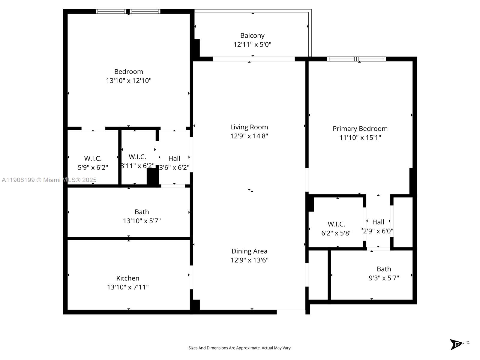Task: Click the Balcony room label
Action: pyautogui.click(x=252, y=35)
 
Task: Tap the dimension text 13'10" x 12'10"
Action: pyautogui.click(x=128, y=81)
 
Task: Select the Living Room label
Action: pyautogui.click(x=249, y=127)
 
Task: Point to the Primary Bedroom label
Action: pyautogui.click(x=360, y=129)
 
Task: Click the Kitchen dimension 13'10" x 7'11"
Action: pyautogui.click(x=128, y=287)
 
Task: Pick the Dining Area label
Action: pyautogui.click(x=249, y=251)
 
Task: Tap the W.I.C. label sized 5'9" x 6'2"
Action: pyautogui.click(x=93, y=158)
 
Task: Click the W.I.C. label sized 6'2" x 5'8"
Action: pyautogui.click(x=336, y=224)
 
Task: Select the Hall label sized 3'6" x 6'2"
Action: pyautogui.click(x=174, y=158)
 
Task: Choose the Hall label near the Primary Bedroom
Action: pyautogui.click(x=378, y=222)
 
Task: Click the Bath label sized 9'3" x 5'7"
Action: pyautogui.click(x=384, y=269)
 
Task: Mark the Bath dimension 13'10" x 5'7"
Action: pyautogui.click(x=142, y=221)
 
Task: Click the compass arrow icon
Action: pyautogui.click(x=456, y=344)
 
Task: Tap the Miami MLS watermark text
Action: pyautogui.click(x=49, y=180)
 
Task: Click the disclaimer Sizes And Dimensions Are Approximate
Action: pyautogui.click(x=240, y=348)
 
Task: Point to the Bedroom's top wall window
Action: pyautogui.click(x=128, y=11)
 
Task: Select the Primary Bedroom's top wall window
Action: pyautogui.click(x=356, y=59)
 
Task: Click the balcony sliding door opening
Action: pyautogui.click(x=253, y=59)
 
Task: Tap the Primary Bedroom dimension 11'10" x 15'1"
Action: pyautogui.click(x=360, y=138)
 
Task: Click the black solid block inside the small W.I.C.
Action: pyautogui.click(x=153, y=177)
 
